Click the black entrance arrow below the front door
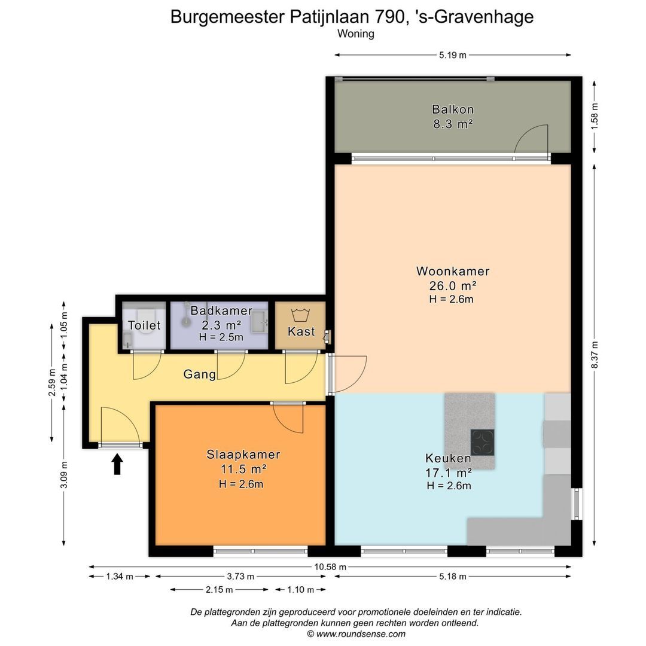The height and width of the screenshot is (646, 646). (117, 464)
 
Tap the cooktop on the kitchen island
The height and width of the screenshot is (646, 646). (483, 443)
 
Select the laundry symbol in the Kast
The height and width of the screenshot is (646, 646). (300, 315)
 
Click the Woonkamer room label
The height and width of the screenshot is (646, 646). (453, 271)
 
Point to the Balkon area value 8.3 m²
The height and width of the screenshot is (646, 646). (453, 124)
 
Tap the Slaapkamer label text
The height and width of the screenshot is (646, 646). (243, 455)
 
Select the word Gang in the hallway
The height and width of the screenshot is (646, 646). (199, 374)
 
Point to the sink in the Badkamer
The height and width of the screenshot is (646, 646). (259, 321)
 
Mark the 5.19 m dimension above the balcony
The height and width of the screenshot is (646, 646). (452, 55)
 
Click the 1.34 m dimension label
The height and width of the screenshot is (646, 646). (120, 577)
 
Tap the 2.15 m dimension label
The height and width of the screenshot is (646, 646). (219, 590)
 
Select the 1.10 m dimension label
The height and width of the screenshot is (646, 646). (300, 590)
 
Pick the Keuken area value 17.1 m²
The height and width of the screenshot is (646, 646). (449, 473)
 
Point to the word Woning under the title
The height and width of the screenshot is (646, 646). (355, 33)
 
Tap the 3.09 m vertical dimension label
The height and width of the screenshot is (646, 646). (64, 474)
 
